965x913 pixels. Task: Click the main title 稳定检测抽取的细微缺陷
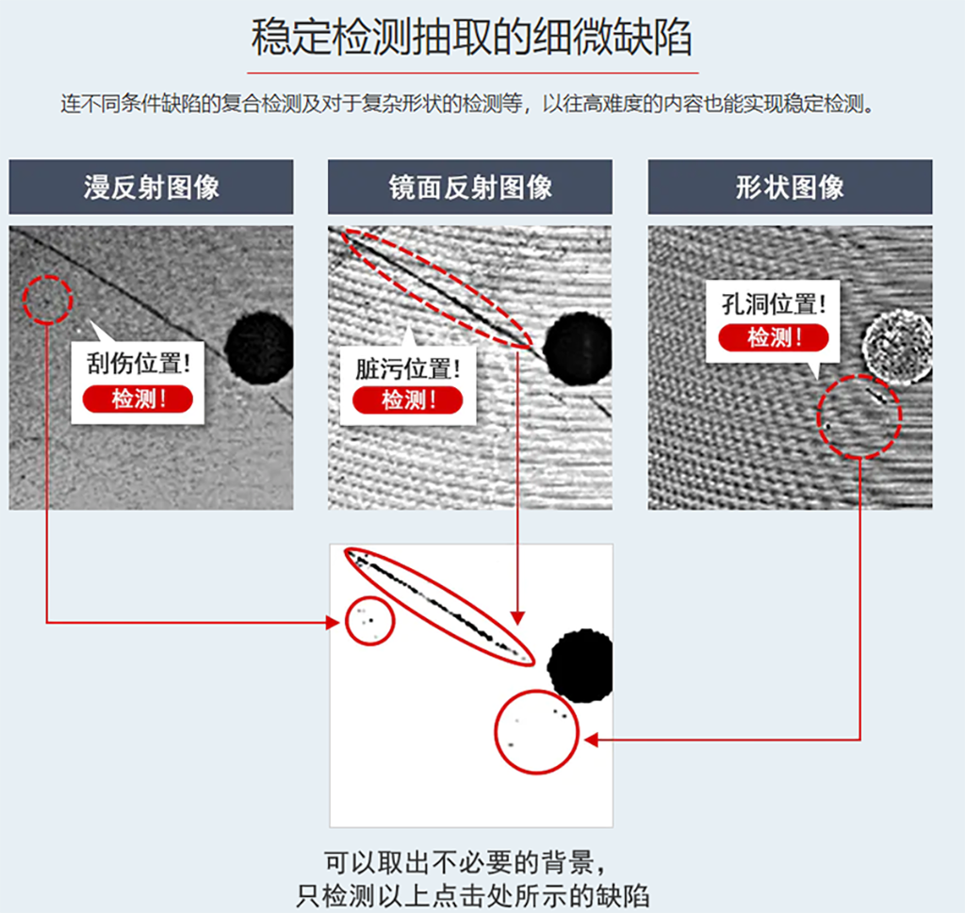pos(472,38)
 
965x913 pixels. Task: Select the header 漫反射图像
pos(151,187)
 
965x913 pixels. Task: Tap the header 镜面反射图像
pos(469,187)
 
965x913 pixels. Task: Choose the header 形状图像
pos(790,187)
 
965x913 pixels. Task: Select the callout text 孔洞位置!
pos(774,303)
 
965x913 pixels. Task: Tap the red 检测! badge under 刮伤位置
pos(138,399)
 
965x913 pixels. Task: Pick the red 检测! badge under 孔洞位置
pos(774,337)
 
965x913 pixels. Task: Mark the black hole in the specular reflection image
pos(578,349)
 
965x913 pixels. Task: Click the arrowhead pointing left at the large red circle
pos(591,740)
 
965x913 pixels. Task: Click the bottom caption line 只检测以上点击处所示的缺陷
pos(472,894)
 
